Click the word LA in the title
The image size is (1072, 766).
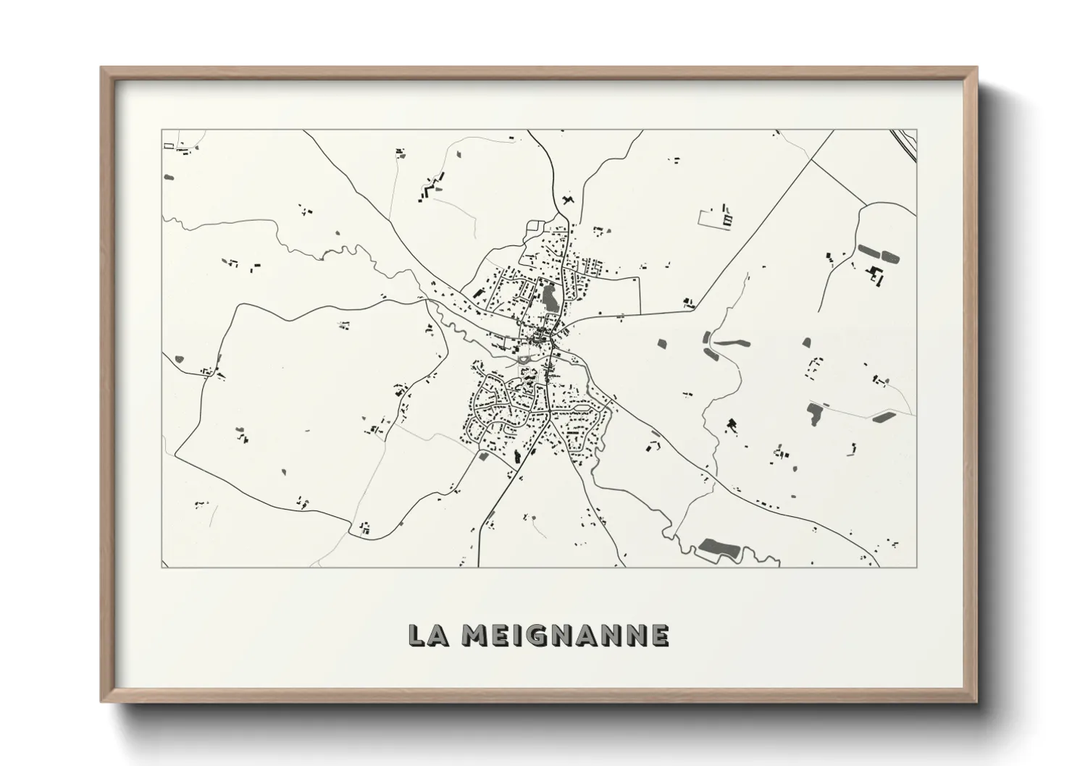tap(427, 635)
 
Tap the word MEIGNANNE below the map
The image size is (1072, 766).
tap(566, 635)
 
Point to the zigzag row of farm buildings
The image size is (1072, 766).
tap(432, 187)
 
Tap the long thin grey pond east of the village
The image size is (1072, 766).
tap(732, 341)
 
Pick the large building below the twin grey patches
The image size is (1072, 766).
tap(877, 275)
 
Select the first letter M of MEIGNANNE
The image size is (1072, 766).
tap(474, 635)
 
